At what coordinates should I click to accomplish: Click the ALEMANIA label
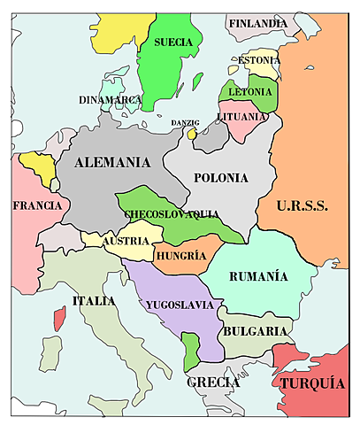pos(112,162)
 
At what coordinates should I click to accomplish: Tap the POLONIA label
pos(220,177)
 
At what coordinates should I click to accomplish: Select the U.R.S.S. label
pos(302,205)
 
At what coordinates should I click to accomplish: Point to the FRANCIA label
pos(37,205)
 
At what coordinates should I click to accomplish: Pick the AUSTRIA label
pos(119,242)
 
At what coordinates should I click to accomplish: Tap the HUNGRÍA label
pos(180,256)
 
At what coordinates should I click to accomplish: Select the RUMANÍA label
pos(258,276)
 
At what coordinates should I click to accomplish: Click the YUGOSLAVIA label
pos(180,305)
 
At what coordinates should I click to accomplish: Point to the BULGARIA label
pos(254,330)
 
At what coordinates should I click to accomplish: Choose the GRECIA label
pos(213,382)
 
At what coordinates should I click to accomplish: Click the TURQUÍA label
pos(312,383)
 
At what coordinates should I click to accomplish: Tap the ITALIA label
pos(94,301)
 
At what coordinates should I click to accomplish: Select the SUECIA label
pos(173,42)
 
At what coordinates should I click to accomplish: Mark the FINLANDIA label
pos(257,23)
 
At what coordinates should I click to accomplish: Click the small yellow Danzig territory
pos(191,135)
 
